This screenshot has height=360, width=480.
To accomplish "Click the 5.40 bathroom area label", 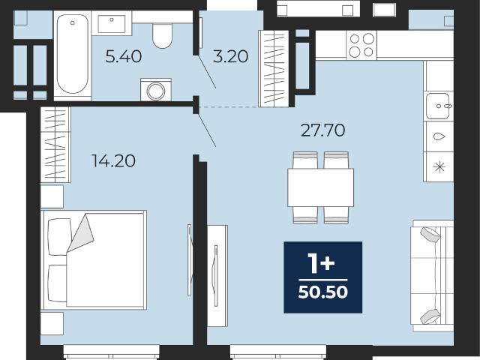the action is [x=123, y=57].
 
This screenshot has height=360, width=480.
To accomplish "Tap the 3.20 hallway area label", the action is [x=230, y=57].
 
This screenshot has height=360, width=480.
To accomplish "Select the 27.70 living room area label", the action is [x=323, y=130].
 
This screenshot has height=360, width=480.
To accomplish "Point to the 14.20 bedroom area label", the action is [x=113, y=161].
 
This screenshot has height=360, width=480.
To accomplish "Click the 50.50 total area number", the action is [x=323, y=292].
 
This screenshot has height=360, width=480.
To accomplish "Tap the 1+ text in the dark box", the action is [x=321, y=264].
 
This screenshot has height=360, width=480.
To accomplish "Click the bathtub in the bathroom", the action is [x=73, y=54].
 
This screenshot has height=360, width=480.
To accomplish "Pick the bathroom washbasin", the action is [x=112, y=23].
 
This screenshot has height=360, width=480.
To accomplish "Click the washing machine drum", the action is [x=156, y=91].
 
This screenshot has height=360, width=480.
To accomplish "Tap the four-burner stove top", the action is [x=361, y=45].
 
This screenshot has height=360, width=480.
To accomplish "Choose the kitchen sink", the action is [x=438, y=106].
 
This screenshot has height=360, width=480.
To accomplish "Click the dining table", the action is [x=320, y=187].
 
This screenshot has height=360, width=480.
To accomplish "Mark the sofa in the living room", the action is [x=432, y=275].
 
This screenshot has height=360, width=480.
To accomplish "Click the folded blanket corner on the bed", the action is [x=81, y=233].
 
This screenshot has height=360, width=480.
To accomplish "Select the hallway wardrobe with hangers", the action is [x=274, y=68].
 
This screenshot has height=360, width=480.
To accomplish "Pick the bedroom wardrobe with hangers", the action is [x=55, y=145].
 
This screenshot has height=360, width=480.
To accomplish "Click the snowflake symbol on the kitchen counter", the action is [x=439, y=167].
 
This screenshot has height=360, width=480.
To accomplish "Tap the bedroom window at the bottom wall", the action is [x=112, y=352].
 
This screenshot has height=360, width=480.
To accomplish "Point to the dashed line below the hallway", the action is [x=244, y=107].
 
